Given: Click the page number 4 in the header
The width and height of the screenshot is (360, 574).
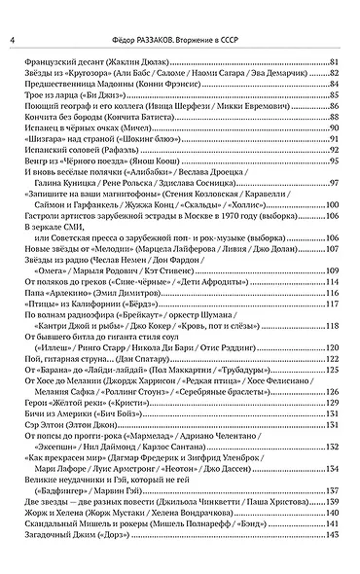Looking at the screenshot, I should [x=11, y=39].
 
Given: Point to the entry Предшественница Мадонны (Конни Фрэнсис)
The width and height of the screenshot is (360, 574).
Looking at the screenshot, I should [x=96, y=84].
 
